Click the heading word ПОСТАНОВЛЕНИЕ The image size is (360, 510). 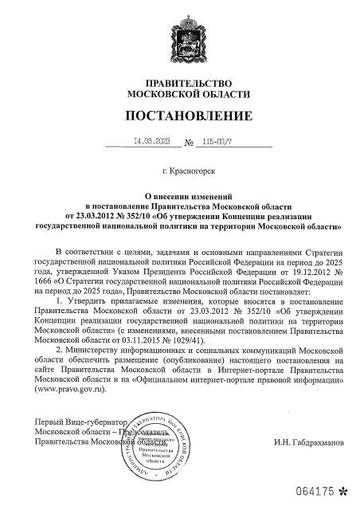pyautogui.click(x=184, y=116)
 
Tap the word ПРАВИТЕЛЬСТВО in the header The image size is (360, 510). pyautogui.click(x=184, y=83)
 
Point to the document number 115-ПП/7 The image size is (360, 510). pyautogui.click(x=217, y=142)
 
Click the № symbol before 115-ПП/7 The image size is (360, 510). pyautogui.click(x=190, y=143)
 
